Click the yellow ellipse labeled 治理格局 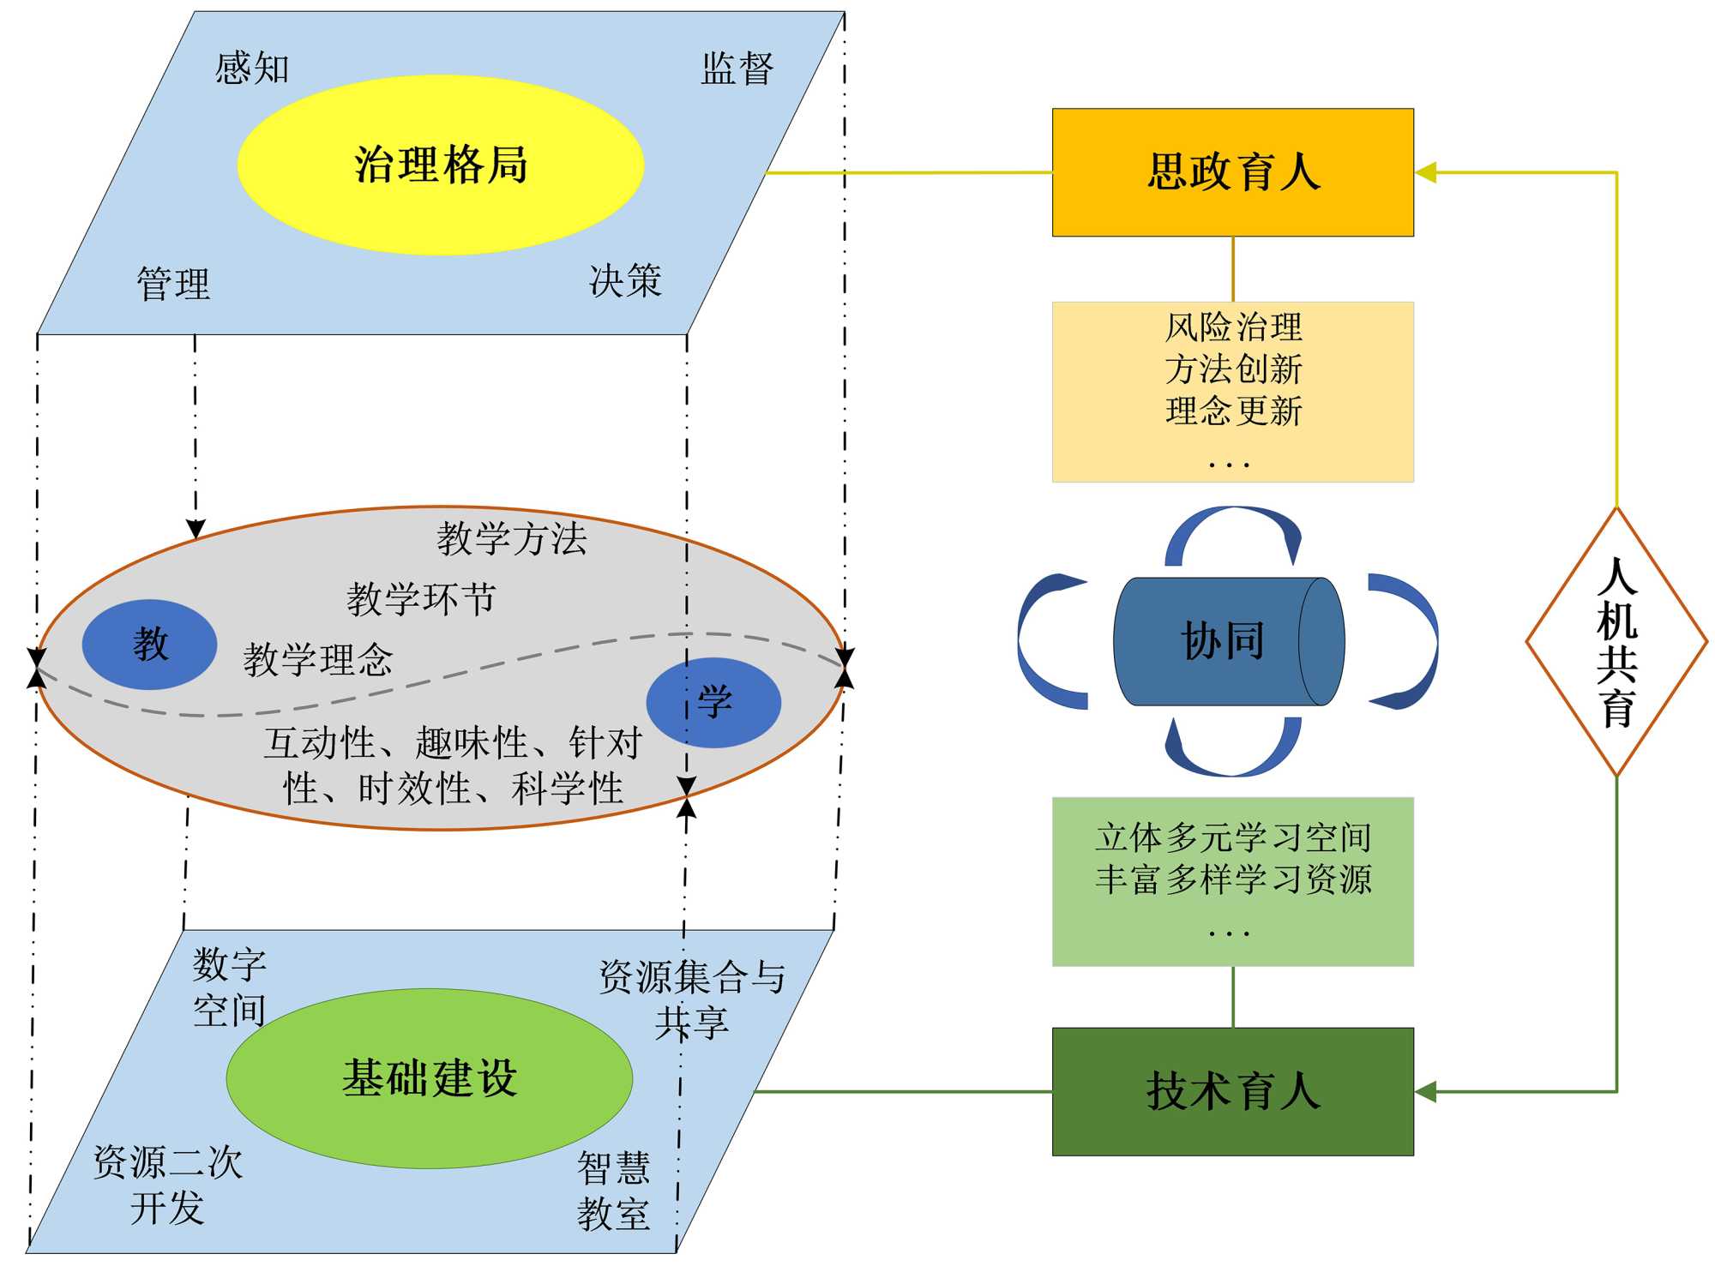coord(440,165)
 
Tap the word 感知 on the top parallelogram coord(252,68)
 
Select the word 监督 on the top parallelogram coord(737,69)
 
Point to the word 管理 coord(173,284)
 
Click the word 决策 coord(625,280)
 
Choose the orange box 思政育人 coord(1232,172)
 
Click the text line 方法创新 coord(1233,369)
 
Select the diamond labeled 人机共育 coord(1616,642)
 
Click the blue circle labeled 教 coord(149,644)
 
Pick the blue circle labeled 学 coord(713,702)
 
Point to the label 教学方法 coord(512,539)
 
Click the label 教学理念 coord(318,660)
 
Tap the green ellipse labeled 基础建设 coord(430,1077)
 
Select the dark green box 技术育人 coord(1232,1091)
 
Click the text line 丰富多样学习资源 coord(1233,879)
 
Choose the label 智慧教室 coord(613,1191)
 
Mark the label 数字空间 coord(229,987)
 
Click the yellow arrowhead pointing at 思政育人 coord(1425,172)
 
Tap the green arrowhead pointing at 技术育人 coord(1425,1091)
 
